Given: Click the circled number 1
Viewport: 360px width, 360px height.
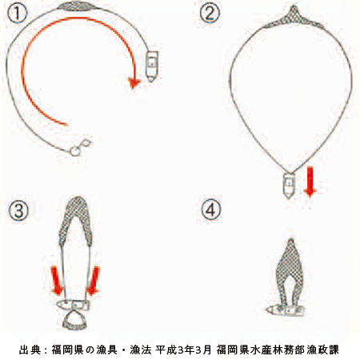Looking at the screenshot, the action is pos(17,14).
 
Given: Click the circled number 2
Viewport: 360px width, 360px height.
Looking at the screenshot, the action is pos(210,13).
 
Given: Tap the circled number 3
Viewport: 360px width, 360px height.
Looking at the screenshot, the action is pos(18,210).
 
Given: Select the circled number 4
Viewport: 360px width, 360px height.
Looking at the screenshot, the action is pos(211,210).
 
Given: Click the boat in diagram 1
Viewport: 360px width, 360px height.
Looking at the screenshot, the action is pos(152,66).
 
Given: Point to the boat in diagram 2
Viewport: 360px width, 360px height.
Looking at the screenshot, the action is pos(289,186).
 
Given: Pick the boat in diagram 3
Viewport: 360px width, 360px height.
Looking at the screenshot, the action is pos(74,305).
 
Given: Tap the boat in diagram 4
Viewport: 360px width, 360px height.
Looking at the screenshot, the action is pos(286,310).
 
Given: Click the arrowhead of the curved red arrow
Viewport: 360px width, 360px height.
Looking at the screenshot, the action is pos(134,83).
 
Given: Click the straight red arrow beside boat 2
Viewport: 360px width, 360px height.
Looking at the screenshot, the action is pos(310,182).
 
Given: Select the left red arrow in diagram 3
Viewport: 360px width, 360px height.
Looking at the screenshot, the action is pos(56,281).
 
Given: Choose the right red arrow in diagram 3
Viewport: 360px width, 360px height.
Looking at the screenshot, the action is pos(93,281).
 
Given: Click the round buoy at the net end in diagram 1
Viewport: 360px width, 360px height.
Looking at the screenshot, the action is pos(75,151).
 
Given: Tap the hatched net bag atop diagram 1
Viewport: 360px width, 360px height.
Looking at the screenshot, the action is pos(78,6).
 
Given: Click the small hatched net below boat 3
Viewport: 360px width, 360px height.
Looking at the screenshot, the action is pos(75,320).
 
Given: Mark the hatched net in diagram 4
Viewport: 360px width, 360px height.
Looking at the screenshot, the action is pos(290,272).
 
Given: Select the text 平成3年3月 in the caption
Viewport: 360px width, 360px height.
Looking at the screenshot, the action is pos(184,350).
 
